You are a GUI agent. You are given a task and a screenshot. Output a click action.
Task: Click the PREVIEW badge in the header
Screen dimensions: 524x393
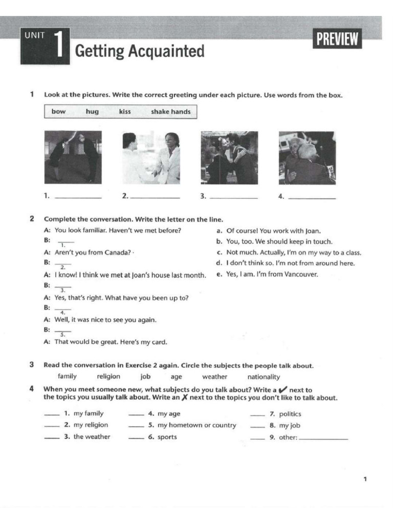pos(337,39)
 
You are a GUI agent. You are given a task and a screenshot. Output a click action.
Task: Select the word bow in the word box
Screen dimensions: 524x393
pos(58,112)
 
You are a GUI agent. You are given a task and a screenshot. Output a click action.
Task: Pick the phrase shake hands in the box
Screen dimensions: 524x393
pos(170,112)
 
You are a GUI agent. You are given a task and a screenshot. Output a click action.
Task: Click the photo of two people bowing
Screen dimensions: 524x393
pos(73,157)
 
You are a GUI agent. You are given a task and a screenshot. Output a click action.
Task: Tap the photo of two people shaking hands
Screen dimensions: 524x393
pos(151,158)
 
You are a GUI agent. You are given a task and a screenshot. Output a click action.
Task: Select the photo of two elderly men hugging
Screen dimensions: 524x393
pos(307,158)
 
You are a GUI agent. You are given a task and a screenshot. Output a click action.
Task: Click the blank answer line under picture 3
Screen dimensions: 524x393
pos(234,198)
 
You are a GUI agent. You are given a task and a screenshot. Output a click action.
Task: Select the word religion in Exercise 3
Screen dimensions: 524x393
pos(108,377)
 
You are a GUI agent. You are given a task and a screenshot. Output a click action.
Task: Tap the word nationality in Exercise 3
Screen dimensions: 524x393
pos(264,377)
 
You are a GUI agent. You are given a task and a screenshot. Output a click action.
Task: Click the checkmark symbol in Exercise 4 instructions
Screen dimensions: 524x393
pos(282,390)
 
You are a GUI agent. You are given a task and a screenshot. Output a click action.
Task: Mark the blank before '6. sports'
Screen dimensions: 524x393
pos(136,438)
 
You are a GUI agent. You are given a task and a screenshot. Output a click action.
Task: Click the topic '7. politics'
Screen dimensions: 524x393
pos(290,414)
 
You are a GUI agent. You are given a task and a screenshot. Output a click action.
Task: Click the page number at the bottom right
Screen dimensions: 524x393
pos(365,479)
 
